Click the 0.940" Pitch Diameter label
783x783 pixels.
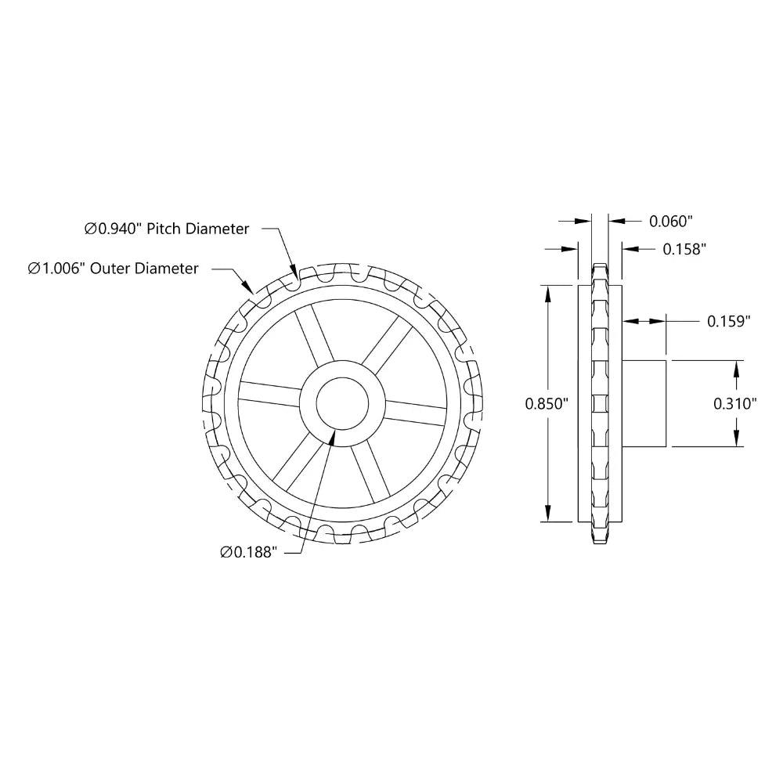[x=167, y=229]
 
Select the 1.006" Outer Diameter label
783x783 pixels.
[x=113, y=269]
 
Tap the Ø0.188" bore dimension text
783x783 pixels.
[x=249, y=552]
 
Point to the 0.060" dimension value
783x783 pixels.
[x=672, y=221]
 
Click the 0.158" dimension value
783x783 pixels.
[x=685, y=249]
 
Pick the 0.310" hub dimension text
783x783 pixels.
[x=734, y=404]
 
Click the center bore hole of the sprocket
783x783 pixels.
[x=342, y=404]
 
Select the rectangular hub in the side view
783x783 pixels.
[x=644, y=404]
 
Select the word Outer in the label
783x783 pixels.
[x=111, y=269]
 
